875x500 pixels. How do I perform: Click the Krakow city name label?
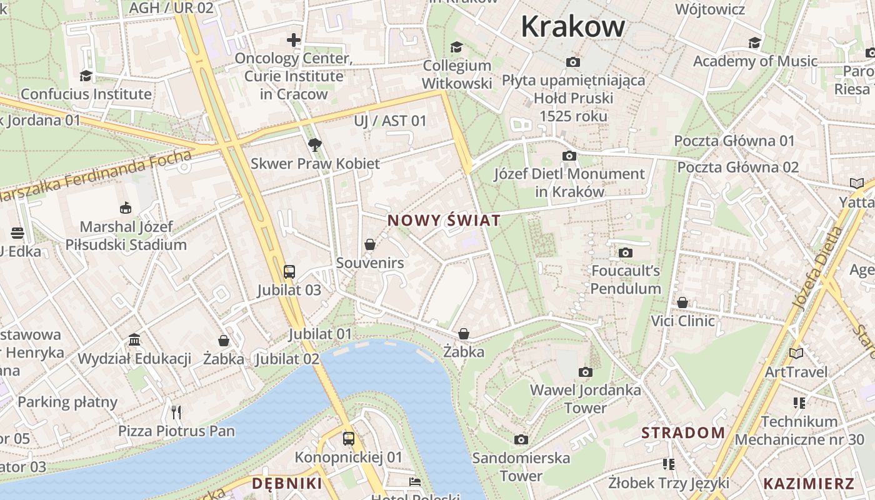[x=572, y=26]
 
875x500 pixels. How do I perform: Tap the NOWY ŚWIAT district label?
[x=444, y=221]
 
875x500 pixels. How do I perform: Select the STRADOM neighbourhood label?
[x=683, y=432]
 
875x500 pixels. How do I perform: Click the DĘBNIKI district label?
[x=287, y=483]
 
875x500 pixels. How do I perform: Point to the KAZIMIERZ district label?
[x=808, y=483]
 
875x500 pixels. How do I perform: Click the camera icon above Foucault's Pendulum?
[x=625, y=252]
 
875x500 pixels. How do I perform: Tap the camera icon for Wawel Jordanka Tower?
[x=585, y=372]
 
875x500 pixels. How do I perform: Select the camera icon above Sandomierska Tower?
[x=521, y=439]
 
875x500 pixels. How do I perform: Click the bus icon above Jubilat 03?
[x=289, y=271]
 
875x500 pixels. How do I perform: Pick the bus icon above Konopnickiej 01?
[x=349, y=439]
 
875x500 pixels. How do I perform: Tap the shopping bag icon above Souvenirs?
[x=370, y=244]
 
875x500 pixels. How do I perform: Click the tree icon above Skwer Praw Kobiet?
[x=315, y=145]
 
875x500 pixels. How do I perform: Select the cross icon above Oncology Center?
[x=294, y=40]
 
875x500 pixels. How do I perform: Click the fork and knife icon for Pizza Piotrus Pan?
[x=176, y=412]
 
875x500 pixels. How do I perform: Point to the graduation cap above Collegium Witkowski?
[x=457, y=47]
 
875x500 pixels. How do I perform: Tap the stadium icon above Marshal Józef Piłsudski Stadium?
[x=126, y=207]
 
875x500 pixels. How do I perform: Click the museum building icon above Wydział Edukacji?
[x=134, y=339]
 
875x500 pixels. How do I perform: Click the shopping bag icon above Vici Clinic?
[x=682, y=302]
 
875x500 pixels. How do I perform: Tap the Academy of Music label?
[x=755, y=61]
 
